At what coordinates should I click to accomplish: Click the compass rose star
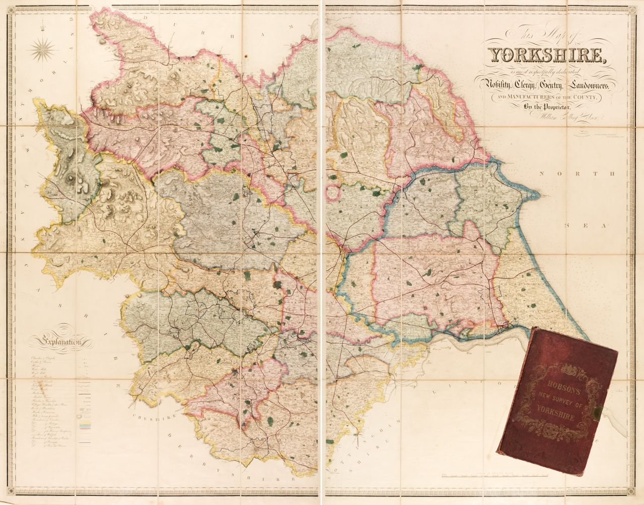pos(43,48)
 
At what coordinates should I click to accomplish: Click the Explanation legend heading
pos(55,343)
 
